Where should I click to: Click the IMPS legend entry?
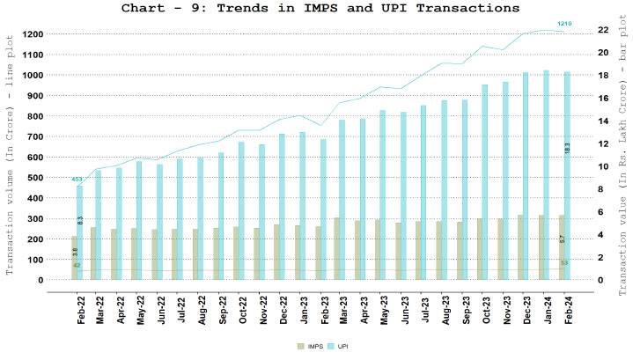(304, 349)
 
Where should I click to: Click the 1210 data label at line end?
(563, 22)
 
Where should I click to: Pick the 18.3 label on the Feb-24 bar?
(567, 148)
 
